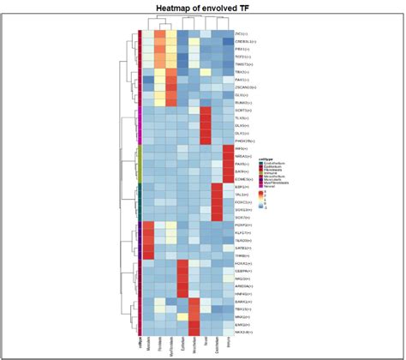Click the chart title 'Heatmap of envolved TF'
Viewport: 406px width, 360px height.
click(203, 9)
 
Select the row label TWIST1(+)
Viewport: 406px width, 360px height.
click(244, 64)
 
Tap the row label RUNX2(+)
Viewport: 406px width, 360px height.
click(244, 102)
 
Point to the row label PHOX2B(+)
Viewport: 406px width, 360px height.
click(246, 141)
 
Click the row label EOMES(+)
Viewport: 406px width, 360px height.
click(245, 179)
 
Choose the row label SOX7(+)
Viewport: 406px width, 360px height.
click(243, 218)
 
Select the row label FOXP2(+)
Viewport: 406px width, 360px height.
click(244, 226)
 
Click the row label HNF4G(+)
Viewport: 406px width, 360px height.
click(244, 294)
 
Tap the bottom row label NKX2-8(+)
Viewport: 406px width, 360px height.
click(245, 333)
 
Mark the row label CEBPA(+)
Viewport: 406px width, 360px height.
click(244, 271)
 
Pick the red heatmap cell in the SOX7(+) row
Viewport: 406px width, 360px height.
click(217, 218)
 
